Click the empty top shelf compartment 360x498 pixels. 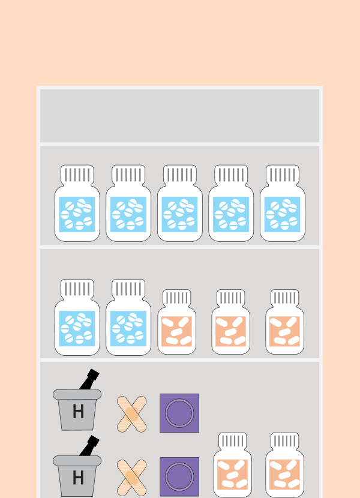pos(179,116)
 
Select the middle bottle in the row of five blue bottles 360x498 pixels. pos(180,203)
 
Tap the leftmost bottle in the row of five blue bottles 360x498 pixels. pos(77,203)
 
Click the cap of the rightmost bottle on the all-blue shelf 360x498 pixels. pos(283,175)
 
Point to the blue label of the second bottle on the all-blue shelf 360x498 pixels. pos(128,214)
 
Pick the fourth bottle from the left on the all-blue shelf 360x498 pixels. pos(231,203)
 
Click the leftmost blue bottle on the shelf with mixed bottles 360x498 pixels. pos(77,317)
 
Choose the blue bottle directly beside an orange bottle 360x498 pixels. pos(128,317)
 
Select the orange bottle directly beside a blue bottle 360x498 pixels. pos(176,322)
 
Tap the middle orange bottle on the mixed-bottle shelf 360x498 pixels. pos(230,322)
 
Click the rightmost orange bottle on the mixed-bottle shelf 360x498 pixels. pos(284,322)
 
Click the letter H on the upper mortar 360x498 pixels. pos(78,412)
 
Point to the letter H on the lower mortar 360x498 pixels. pos(78,478)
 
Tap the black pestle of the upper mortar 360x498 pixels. pos(89,379)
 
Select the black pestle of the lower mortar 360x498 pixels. pos(89,446)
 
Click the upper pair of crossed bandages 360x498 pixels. pos(131,414)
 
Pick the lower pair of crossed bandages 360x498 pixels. pos(131,478)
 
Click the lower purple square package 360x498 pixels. pos(179,477)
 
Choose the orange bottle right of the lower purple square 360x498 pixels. pos(233,465)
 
